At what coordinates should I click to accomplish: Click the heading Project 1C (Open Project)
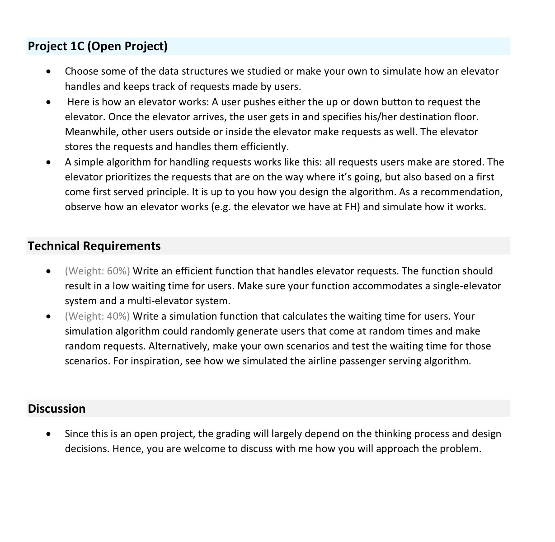click(98, 47)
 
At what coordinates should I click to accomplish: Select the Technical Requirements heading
click(94, 246)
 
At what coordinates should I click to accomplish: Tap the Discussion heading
click(56, 409)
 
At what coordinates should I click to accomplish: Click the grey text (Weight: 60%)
click(97, 271)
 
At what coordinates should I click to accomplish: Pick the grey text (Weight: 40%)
click(97, 316)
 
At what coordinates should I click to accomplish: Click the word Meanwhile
click(90, 132)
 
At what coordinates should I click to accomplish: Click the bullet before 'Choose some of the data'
click(48, 72)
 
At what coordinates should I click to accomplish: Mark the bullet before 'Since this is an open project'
click(48, 434)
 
